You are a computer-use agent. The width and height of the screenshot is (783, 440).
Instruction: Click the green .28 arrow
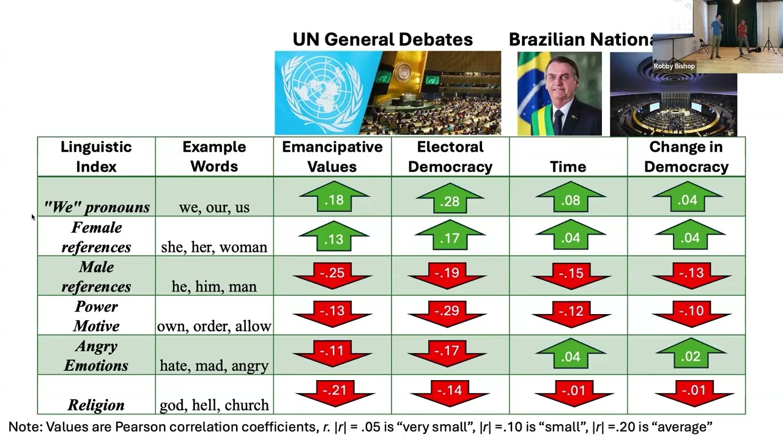click(x=450, y=198)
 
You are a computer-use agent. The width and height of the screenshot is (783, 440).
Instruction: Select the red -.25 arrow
click(x=332, y=276)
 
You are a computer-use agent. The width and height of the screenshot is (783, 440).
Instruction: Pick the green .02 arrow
click(x=691, y=353)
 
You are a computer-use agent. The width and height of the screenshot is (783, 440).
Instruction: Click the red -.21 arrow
click(x=335, y=394)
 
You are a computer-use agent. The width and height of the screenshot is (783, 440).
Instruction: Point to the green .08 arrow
click(x=571, y=197)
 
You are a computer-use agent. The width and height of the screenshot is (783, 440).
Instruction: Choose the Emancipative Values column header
click(x=332, y=157)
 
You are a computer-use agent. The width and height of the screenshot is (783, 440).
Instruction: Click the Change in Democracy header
click(x=686, y=157)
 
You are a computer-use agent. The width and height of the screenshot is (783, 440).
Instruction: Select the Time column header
click(x=568, y=167)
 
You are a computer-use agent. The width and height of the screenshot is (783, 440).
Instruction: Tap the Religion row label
click(x=96, y=405)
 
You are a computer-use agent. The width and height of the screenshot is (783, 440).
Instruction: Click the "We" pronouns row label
click(x=97, y=207)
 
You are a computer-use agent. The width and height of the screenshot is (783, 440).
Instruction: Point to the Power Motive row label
click(x=96, y=316)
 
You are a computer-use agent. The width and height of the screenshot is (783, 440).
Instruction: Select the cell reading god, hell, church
click(x=214, y=405)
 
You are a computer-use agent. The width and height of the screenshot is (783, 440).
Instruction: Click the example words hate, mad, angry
click(x=214, y=365)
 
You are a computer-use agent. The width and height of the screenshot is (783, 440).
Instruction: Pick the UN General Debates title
click(x=383, y=40)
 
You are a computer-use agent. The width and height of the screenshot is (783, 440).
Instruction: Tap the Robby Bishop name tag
click(x=674, y=66)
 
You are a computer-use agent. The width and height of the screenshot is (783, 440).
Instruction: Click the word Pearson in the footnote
click(x=138, y=427)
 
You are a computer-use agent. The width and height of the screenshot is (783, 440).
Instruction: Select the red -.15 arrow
click(x=571, y=276)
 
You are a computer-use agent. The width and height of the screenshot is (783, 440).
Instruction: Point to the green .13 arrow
click(x=334, y=236)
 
